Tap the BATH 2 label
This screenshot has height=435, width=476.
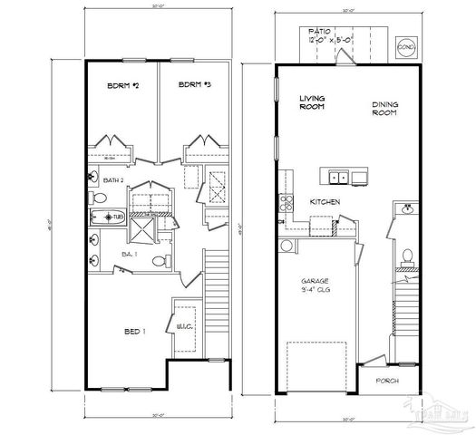pos(113,181)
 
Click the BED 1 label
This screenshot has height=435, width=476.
pos(134,333)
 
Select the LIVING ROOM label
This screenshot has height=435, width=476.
pos(313,101)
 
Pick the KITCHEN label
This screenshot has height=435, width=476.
pos(324,202)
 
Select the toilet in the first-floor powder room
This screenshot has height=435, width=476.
pos(407,256)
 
